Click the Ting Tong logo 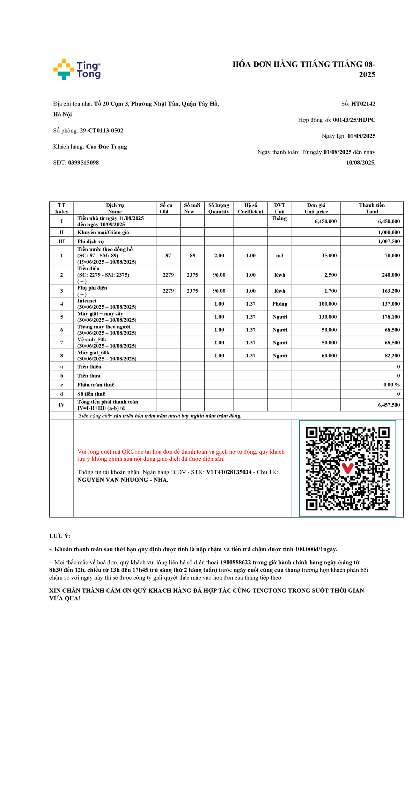tap(77, 70)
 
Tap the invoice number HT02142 tap(363, 104)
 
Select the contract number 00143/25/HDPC tap(354, 120)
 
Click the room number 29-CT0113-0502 tap(101, 131)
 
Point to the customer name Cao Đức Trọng tap(106, 147)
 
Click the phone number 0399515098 tap(83, 163)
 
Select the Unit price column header tap(316, 208)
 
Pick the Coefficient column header tap(250, 208)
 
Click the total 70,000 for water tap(392, 256)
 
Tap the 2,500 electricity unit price tap(330, 275)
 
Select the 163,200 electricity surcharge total tap(391, 291)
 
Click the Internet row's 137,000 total tap(391, 304)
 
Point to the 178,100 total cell tap(391, 317)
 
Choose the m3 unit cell tap(280, 256)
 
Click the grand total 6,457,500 tap(389, 405)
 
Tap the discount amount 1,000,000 tap(389, 232)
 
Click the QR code tap(347, 468)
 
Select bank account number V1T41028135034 tap(229, 472)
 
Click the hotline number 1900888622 tap(235, 562)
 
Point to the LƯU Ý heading tap(60, 536)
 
